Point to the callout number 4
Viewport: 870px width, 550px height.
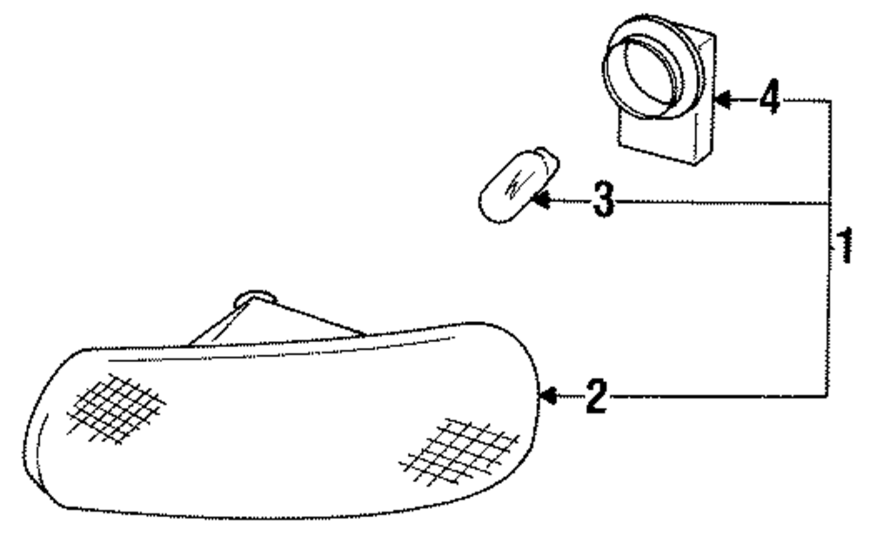pyautogui.click(x=769, y=100)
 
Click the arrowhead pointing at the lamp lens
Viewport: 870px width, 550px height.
pyautogui.click(x=549, y=397)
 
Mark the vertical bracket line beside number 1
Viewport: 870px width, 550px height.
pyautogui.click(x=829, y=305)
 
